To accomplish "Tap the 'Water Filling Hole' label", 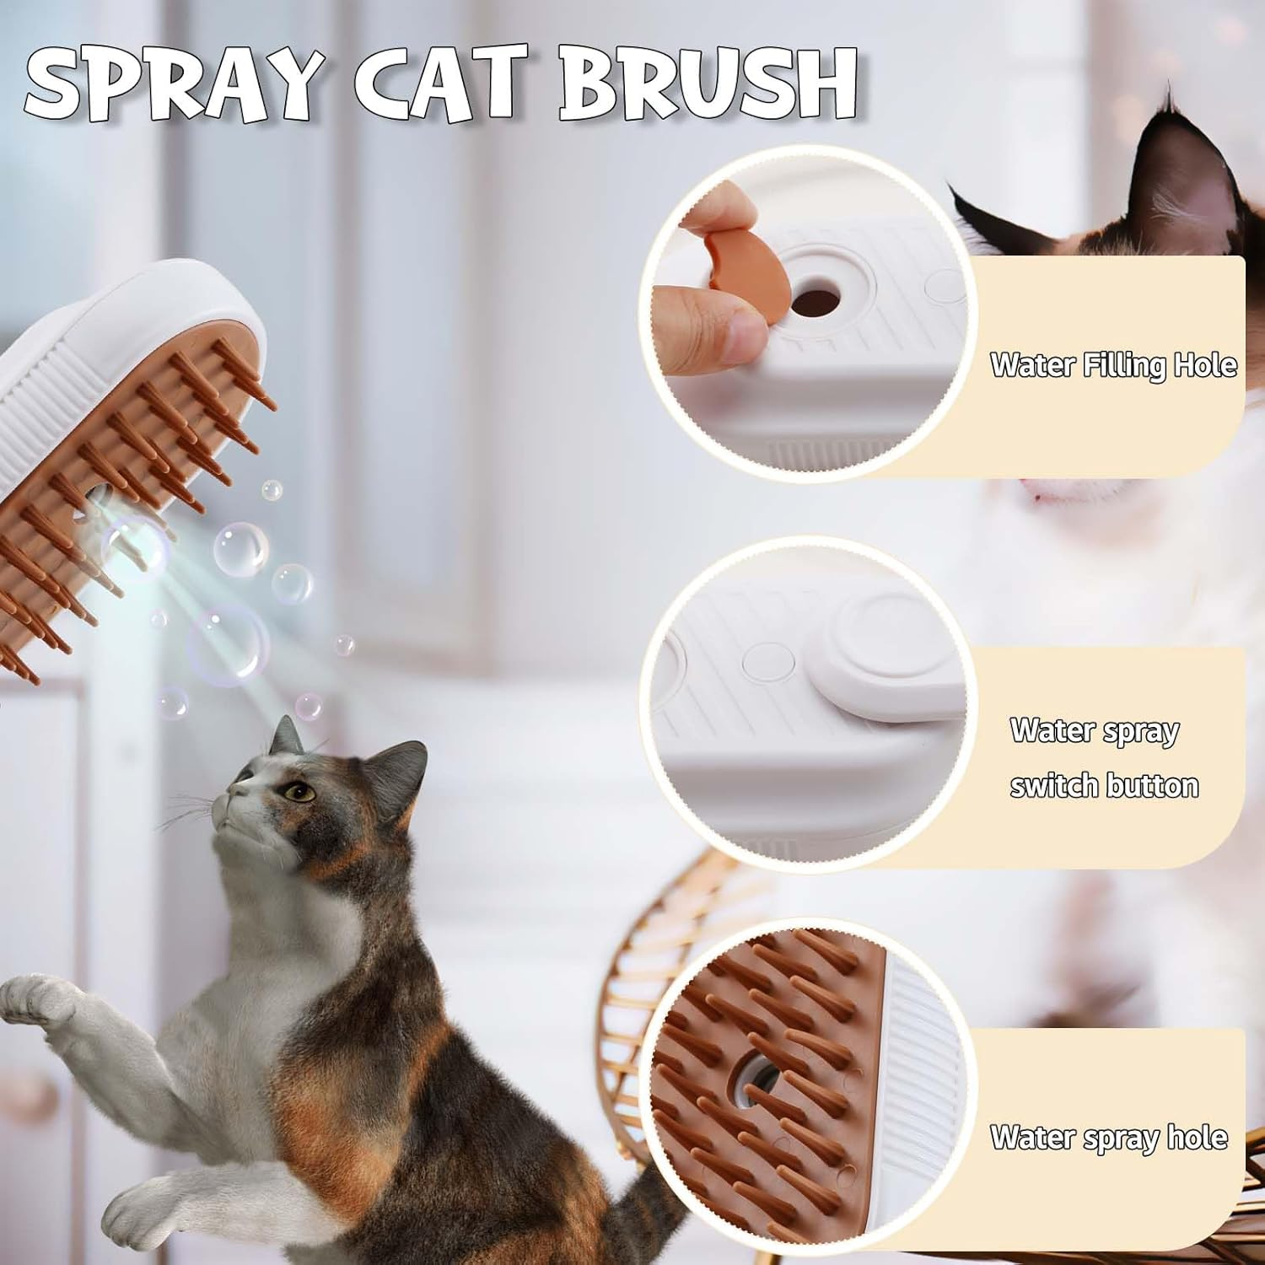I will (1113, 365).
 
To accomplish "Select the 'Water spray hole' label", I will (1108, 1138).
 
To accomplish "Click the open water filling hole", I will (816, 299).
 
